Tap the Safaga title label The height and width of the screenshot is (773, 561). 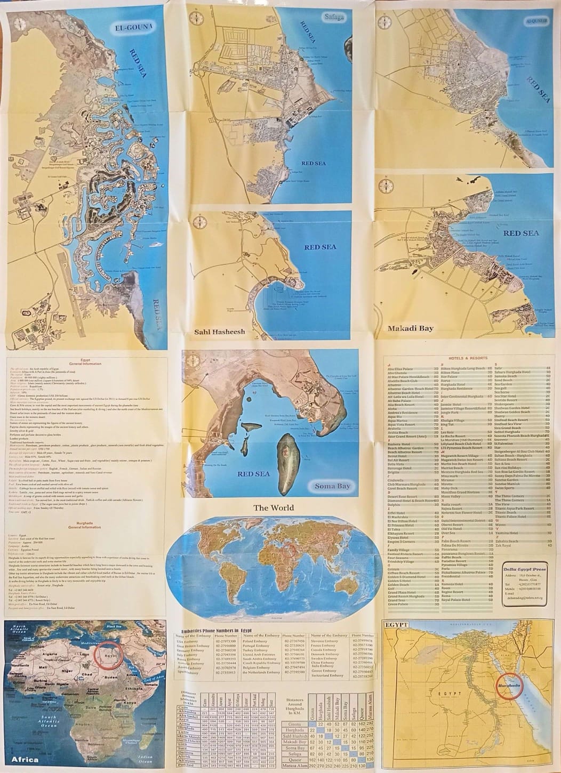pyautogui.click(x=334, y=17)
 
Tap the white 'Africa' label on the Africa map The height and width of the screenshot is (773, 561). pyautogui.click(x=25, y=759)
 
